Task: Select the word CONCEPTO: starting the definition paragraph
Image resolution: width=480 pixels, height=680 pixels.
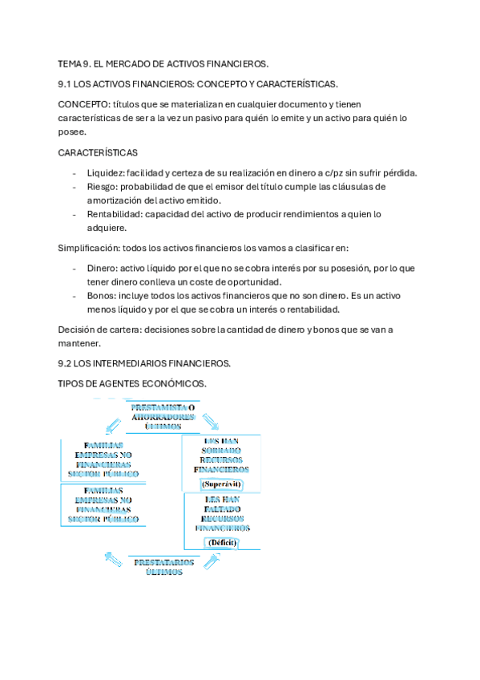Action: click(x=84, y=104)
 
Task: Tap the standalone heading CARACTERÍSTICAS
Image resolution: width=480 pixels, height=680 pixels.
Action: click(x=98, y=152)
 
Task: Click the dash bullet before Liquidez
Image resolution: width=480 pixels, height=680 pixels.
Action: click(x=75, y=173)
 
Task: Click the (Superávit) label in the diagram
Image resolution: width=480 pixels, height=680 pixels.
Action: click(x=222, y=484)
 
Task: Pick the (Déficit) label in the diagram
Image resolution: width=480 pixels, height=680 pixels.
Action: click(x=222, y=542)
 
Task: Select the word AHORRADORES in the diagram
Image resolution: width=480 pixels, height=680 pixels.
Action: click(x=163, y=417)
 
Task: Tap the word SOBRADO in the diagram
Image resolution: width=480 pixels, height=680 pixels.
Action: click(x=221, y=451)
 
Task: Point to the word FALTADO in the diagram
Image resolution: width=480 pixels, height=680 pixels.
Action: click(x=222, y=508)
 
